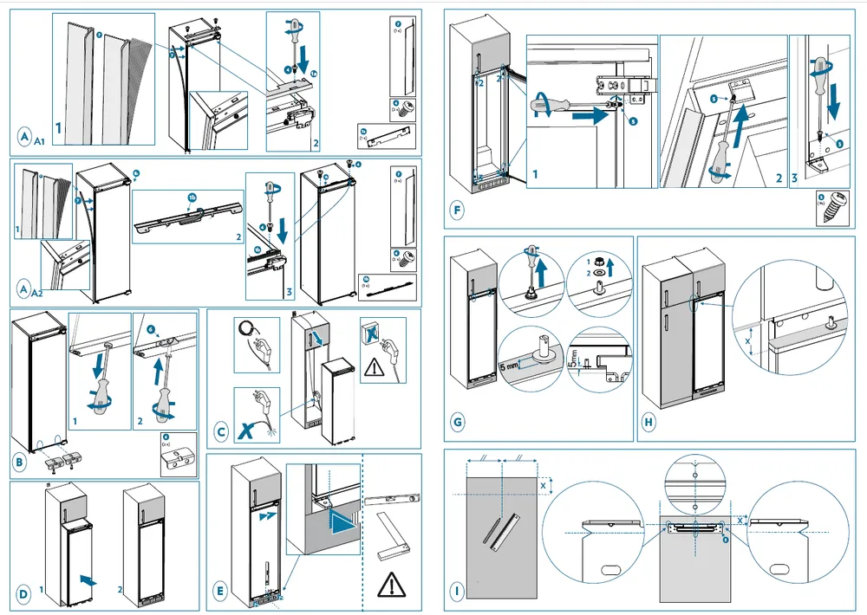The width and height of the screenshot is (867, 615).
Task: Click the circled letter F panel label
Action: click(x=459, y=209)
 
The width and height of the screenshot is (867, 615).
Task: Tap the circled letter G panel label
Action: click(x=459, y=423)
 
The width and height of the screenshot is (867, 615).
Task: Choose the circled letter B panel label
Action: click(x=19, y=463)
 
